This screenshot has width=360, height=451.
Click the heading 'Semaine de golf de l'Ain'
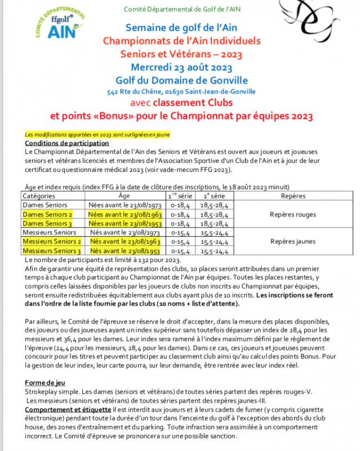pos(181,27)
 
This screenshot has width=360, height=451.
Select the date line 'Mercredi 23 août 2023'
pos(181,67)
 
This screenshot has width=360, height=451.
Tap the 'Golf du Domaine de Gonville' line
pos(181,80)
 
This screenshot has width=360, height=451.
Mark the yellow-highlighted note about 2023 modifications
pos(97,135)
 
